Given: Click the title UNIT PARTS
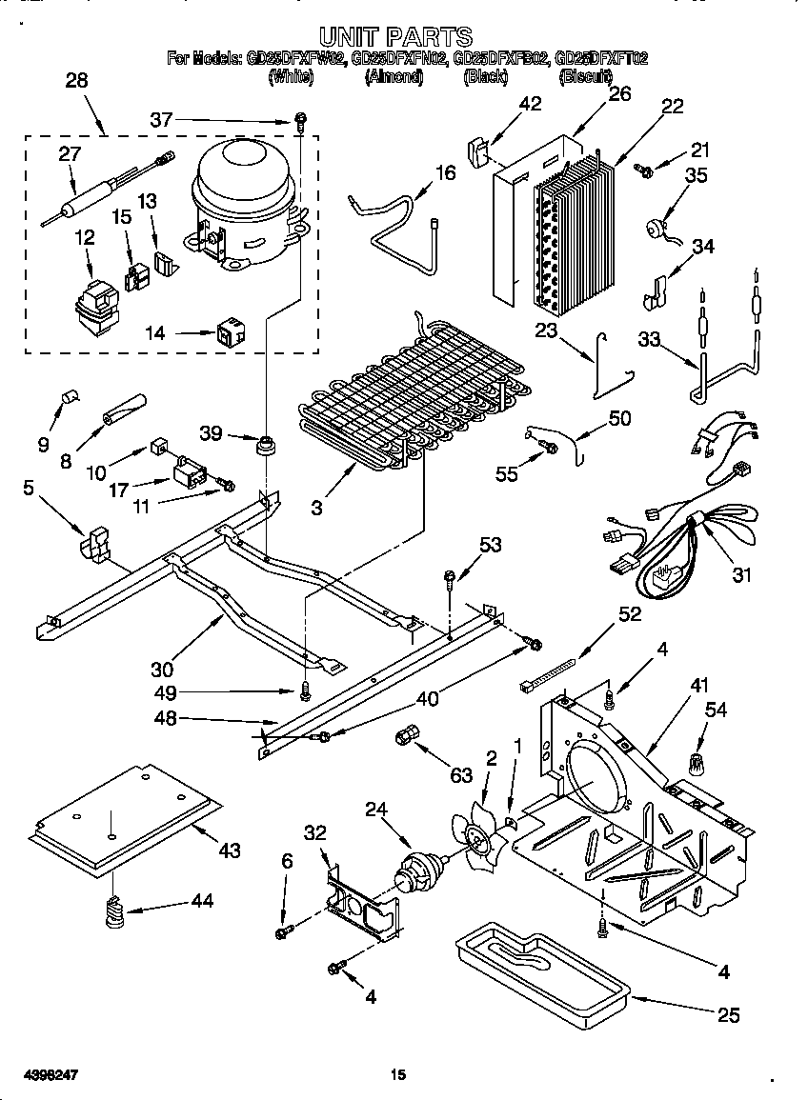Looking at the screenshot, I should click(x=395, y=37).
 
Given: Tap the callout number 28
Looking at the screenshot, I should click(x=75, y=81).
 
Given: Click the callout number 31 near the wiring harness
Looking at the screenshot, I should click(x=741, y=574).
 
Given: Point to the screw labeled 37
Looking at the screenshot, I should click(x=300, y=120).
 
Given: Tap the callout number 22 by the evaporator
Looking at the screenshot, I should click(x=673, y=107).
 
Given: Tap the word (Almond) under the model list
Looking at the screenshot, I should click(x=393, y=76).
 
